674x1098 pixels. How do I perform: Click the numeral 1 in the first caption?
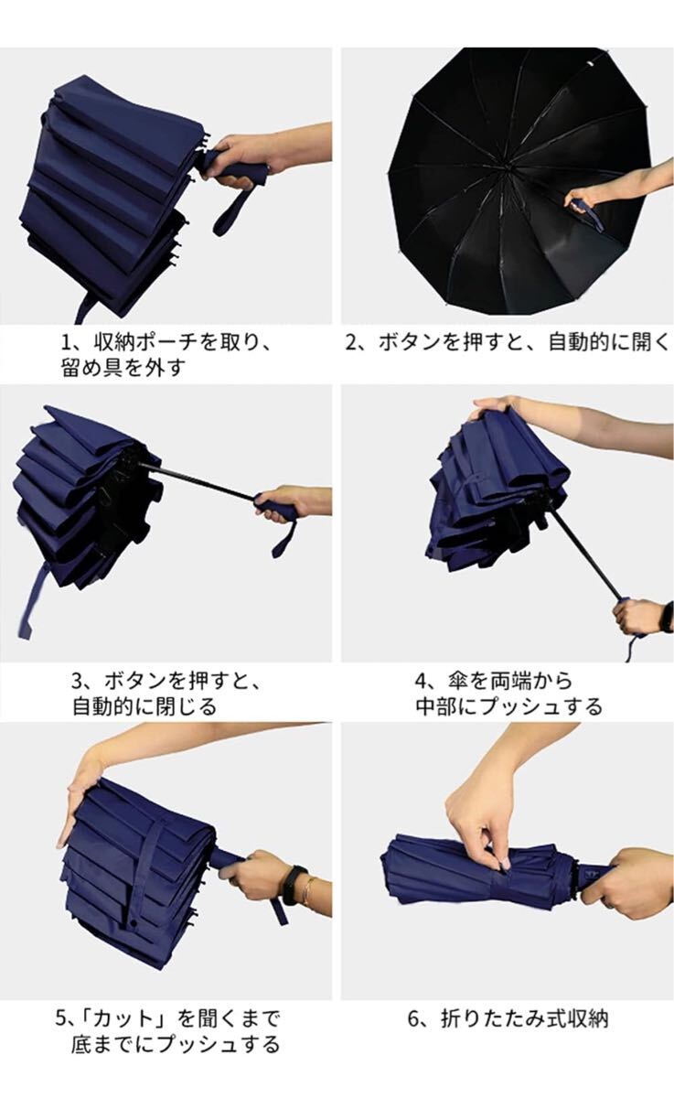pyautogui.click(x=67, y=342)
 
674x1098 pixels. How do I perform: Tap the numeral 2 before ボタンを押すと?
pyautogui.click(x=352, y=342)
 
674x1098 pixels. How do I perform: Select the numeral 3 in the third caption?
pyautogui.click(x=79, y=681)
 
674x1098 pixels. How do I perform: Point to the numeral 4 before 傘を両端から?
pyautogui.click(x=422, y=681)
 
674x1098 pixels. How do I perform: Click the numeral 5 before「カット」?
pyautogui.click(x=60, y=1018)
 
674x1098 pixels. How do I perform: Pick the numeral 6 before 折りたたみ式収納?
pyautogui.click(x=414, y=1018)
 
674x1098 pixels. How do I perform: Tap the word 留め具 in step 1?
pyautogui.click(x=91, y=368)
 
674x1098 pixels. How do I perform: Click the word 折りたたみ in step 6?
pyautogui.click(x=493, y=1018)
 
